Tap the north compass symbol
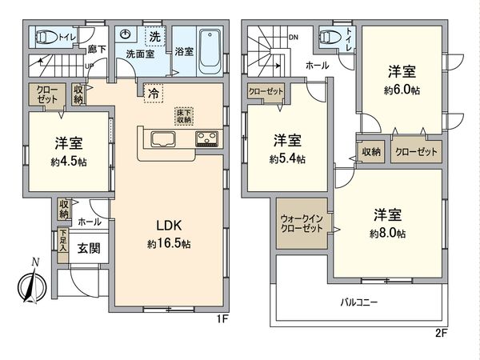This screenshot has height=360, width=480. coord(29,285)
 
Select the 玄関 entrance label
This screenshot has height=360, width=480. coord(89,249)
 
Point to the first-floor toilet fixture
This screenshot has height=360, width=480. coord(48,37)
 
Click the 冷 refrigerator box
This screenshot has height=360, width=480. coord(151,93)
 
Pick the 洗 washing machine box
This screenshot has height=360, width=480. coord(152,36)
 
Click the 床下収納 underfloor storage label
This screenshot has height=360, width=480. coord(183,117)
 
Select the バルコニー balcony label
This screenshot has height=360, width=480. coord(358,303)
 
